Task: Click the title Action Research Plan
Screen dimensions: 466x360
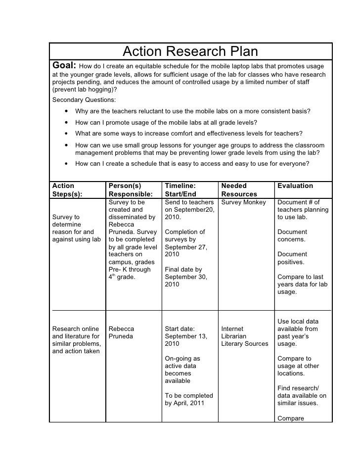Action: (x=190, y=51)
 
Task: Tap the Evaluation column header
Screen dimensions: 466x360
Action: (x=295, y=186)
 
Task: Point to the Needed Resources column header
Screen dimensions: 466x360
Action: (x=239, y=190)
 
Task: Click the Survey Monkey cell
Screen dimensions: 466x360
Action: (x=243, y=202)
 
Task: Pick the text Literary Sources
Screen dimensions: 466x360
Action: (x=245, y=344)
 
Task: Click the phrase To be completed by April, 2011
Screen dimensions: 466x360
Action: (x=188, y=399)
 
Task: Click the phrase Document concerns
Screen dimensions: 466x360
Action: (x=292, y=235)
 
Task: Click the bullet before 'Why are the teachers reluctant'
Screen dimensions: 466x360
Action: (x=65, y=111)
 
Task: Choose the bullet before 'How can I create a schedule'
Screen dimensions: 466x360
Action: (x=65, y=165)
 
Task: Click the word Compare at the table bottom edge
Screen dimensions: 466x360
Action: (x=291, y=419)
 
